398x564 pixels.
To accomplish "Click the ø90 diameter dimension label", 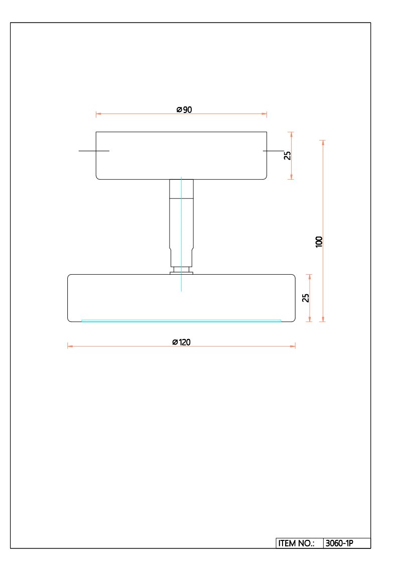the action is click(x=184, y=109).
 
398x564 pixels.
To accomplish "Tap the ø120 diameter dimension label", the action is click(x=181, y=342).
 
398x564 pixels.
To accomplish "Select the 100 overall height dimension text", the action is click(x=319, y=242).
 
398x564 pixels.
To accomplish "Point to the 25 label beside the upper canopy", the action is click(x=288, y=155).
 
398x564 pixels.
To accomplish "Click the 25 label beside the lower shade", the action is click(x=306, y=298).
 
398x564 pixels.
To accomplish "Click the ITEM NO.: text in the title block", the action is click(x=296, y=543).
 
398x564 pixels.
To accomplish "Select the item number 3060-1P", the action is click(x=339, y=543).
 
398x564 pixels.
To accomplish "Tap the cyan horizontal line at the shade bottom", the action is click(x=181, y=320).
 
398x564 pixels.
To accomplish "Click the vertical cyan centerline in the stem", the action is click(x=181, y=234).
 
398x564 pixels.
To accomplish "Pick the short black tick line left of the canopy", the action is click(x=94, y=151).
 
